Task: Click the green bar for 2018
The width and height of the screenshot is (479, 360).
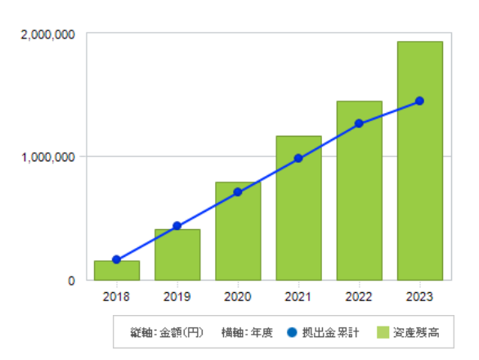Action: pyautogui.click(x=117, y=270)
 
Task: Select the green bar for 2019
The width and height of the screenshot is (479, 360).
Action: pyautogui.click(x=177, y=254)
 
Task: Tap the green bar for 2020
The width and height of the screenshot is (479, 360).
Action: pyautogui.click(x=238, y=231)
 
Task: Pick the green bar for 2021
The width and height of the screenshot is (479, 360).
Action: pyautogui.click(x=299, y=208)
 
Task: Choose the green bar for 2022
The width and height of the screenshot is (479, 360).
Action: pyautogui.click(x=360, y=191)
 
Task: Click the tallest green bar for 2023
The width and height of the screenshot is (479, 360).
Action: pyautogui.click(x=420, y=160)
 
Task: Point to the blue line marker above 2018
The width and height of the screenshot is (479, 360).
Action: pyautogui.click(x=116, y=259)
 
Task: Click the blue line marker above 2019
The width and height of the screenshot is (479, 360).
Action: pyautogui.click(x=177, y=226)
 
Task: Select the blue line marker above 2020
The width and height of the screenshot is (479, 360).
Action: pyautogui.click(x=238, y=192)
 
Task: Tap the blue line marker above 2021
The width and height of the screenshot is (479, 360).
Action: pyautogui.click(x=298, y=159)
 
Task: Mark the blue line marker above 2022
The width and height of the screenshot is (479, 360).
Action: pyautogui.click(x=359, y=124)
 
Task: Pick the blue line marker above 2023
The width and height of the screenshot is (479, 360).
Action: pyautogui.click(x=419, y=101)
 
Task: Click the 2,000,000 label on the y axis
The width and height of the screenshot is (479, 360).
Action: pyautogui.click(x=47, y=35)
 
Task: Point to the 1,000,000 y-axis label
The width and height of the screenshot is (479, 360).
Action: pyautogui.click(x=48, y=157)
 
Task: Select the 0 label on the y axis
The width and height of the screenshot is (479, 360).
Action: pyautogui.click(x=71, y=281)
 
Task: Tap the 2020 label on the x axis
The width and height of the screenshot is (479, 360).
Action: pyautogui.click(x=238, y=297)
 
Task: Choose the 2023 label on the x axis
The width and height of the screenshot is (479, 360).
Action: pyautogui.click(x=419, y=297)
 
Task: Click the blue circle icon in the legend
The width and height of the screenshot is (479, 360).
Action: pyautogui.click(x=292, y=332)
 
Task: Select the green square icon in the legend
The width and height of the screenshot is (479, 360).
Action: pyautogui.click(x=383, y=332)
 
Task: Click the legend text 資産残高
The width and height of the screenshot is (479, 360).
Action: pyautogui.click(x=416, y=332)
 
